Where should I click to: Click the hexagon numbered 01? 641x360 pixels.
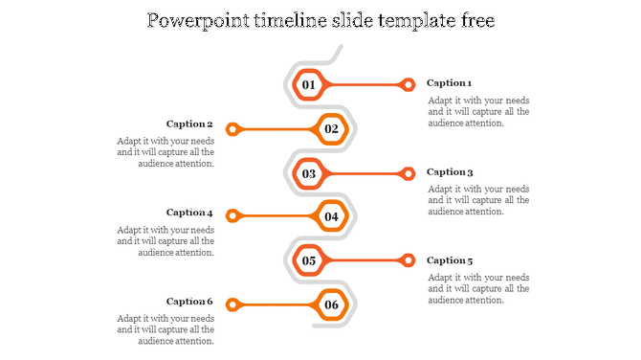[x=309, y=85]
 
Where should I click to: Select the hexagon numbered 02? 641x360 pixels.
[x=331, y=128]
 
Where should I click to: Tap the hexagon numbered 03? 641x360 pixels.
[x=309, y=173]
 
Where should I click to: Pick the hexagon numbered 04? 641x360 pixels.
[x=331, y=216]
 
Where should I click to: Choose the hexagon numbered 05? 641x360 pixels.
[x=309, y=260]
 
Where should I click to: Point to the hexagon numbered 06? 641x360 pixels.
[x=331, y=305]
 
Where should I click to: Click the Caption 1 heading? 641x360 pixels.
[x=450, y=83]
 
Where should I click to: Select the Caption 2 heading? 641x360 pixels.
[x=189, y=124]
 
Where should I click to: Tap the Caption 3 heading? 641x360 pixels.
[x=450, y=172]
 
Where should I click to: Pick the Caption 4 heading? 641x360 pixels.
[x=189, y=213]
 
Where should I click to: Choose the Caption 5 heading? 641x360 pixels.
[x=450, y=260]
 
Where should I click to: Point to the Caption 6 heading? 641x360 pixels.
[x=189, y=302]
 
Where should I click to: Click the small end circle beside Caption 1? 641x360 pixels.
[x=409, y=85]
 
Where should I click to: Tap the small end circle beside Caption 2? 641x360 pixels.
[x=232, y=128]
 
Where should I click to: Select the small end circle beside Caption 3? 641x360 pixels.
[x=409, y=173]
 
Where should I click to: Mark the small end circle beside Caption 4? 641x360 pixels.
[x=232, y=216]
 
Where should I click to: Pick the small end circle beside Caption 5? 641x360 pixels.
[x=409, y=260]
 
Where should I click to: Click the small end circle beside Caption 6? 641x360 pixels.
[x=232, y=305]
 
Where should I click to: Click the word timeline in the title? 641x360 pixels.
[x=290, y=20]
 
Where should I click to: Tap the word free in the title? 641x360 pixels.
[x=475, y=20]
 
